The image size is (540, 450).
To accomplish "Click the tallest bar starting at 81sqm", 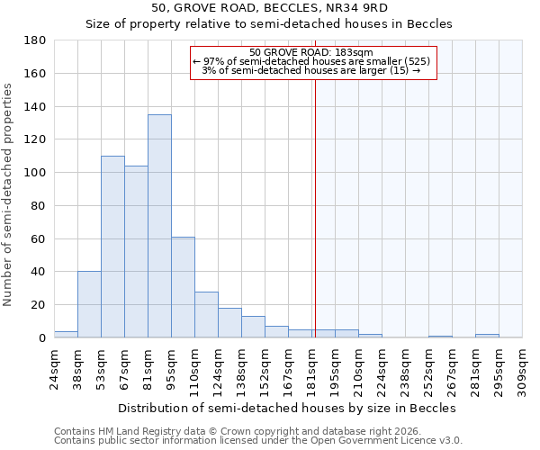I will (x=159, y=226).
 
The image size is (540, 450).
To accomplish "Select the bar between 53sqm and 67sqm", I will (x=112, y=247).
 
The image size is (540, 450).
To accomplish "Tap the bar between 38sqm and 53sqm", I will (x=89, y=304).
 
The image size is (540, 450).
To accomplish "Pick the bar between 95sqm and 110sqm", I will (x=183, y=287).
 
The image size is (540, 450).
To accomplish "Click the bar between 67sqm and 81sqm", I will (x=136, y=252).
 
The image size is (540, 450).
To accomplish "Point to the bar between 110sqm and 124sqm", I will (x=206, y=314).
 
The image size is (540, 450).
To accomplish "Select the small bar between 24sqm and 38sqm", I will (x=66, y=334).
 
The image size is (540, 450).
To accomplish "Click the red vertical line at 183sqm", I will (x=315, y=225).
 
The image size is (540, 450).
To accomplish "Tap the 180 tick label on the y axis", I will (x=36, y=40).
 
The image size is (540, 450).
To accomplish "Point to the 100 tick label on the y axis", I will (x=36, y=173).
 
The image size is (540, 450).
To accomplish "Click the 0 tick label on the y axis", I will (x=42, y=337).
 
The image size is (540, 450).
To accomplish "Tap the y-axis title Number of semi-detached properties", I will (x=9, y=194).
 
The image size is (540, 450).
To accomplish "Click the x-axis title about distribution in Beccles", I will (x=287, y=408).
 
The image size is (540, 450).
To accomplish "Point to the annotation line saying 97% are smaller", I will (x=311, y=61).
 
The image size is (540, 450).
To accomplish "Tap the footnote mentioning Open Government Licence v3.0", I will (x=258, y=441).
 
